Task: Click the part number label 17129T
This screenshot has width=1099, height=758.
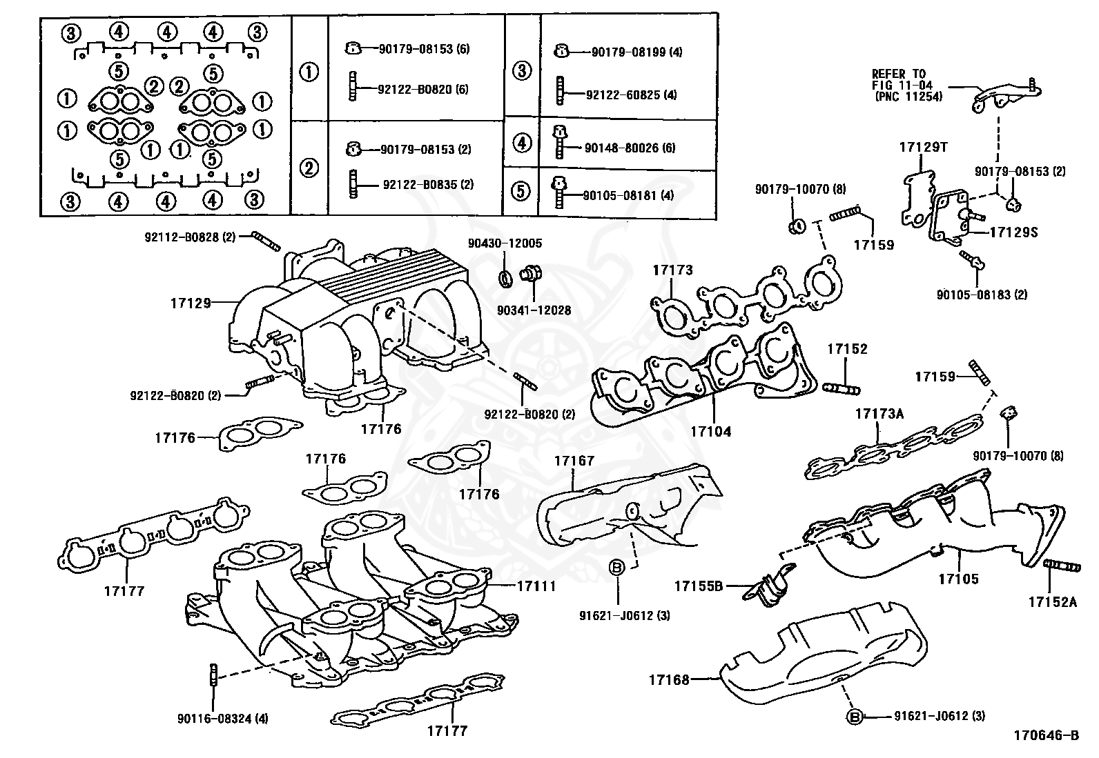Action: [923, 147]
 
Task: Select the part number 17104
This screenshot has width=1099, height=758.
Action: [710, 432]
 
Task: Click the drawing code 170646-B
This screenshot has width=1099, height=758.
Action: [1046, 736]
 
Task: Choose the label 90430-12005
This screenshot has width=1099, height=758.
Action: [505, 243]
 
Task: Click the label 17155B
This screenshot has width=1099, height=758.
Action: [698, 586]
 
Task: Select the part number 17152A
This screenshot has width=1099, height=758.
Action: [1052, 601]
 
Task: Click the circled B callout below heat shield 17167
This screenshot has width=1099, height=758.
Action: [618, 567]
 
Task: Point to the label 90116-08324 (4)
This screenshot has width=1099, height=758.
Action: [222, 719]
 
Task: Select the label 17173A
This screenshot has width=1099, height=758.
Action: [879, 414]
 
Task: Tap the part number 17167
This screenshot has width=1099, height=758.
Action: [574, 460]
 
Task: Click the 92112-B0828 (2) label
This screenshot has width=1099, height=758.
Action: [190, 237]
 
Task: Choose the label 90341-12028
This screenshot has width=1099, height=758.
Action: [534, 310]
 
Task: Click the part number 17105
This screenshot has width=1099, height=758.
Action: [958, 579]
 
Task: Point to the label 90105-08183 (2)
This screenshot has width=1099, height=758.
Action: [982, 295]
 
